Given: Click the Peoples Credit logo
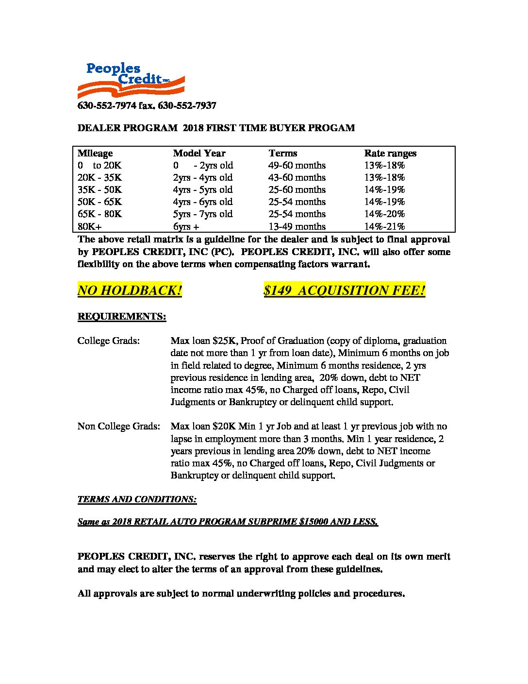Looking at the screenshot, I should (x=131, y=80).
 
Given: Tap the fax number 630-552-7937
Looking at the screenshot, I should (x=187, y=106).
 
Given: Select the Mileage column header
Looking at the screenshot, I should (x=95, y=154).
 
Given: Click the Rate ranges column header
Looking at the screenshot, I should (x=390, y=154).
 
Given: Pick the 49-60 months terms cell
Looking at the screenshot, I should (x=297, y=166).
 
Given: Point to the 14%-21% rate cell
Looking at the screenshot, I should (x=384, y=226).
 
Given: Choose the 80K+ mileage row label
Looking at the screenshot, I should (x=90, y=226).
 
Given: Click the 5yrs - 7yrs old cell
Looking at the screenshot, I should (x=203, y=214).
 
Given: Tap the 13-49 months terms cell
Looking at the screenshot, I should (x=297, y=226).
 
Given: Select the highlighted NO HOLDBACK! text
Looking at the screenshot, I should (x=130, y=291).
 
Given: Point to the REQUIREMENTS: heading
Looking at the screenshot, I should (x=122, y=317).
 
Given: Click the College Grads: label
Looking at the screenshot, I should (x=109, y=341).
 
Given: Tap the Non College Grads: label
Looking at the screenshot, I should (x=118, y=427).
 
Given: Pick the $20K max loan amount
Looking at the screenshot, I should (x=224, y=427).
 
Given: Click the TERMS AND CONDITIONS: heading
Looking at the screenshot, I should (x=137, y=499).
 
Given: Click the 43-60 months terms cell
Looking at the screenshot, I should (x=297, y=178).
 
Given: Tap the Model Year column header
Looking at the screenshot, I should (x=199, y=154).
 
